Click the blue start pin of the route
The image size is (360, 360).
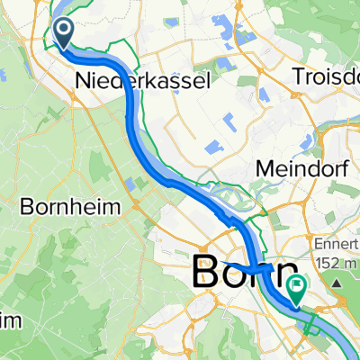click(66, 33)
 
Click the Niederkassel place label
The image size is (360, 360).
click(142, 81)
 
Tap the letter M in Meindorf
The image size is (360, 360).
click(238, 168)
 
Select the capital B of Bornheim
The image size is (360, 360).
click(22, 178)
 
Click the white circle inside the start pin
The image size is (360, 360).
click(66, 30)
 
